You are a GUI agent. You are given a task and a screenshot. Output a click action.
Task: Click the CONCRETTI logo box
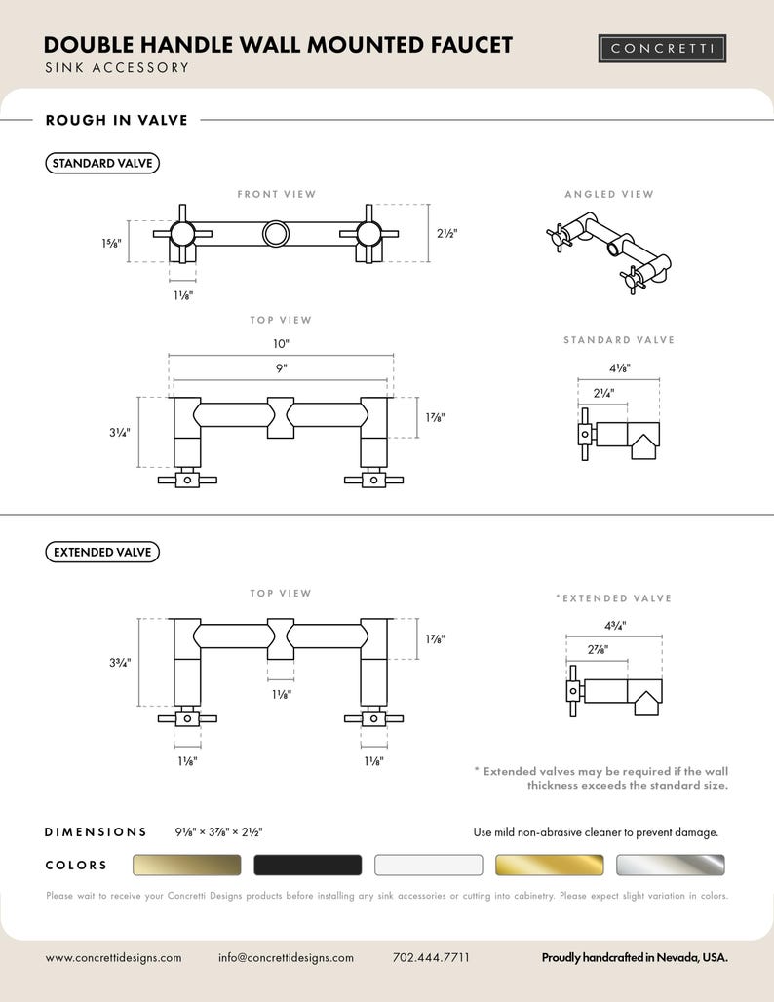(662, 49)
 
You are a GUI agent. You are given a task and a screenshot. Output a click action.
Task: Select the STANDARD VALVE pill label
(102, 163)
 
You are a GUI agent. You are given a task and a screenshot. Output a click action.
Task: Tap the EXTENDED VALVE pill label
(102, 552)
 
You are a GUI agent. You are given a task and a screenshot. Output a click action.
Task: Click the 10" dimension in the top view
(281, 344)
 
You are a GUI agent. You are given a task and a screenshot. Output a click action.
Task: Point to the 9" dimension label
(281, 368)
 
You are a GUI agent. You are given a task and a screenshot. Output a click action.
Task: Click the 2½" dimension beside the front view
(447, 233)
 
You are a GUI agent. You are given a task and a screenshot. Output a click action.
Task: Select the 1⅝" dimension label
(111, 243)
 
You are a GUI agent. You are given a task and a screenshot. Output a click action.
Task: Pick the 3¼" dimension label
(120, 433)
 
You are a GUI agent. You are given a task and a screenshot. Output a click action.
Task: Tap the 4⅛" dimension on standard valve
(619, 368)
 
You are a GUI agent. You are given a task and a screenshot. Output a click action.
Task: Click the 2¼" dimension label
(603, 393)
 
